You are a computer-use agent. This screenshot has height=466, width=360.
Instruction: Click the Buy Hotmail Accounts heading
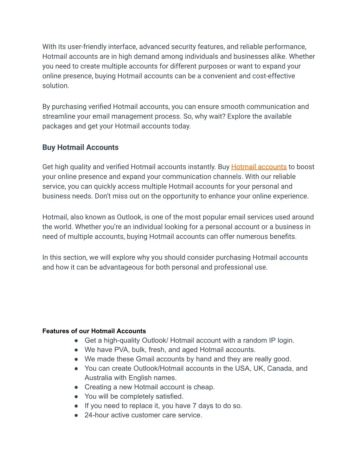point(81,147)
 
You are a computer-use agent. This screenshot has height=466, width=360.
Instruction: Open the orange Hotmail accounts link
point(259,167)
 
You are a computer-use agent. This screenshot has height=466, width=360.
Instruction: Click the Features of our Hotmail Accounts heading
point(94,331)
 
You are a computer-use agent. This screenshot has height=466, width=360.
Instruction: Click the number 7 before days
point(194,406)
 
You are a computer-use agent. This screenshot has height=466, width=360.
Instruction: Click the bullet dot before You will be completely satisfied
point(76,396)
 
